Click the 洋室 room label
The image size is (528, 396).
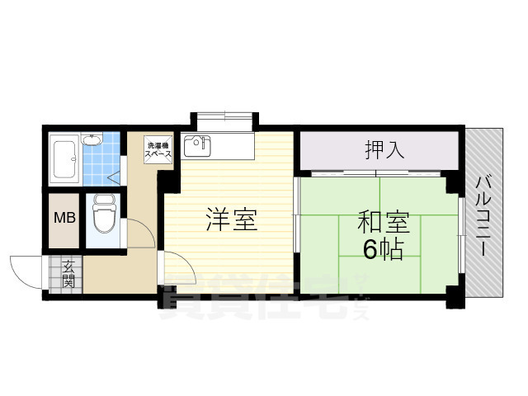click(x=232, y=220)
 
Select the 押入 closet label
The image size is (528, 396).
click(x=384, y=150)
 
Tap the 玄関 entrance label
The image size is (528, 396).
click(x=66, y=273)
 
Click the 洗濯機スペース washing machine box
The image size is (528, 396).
click(x=158, y=149)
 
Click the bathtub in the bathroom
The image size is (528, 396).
click(x=64, y=158)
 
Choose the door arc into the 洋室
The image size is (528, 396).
click(x=177, y=273)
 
